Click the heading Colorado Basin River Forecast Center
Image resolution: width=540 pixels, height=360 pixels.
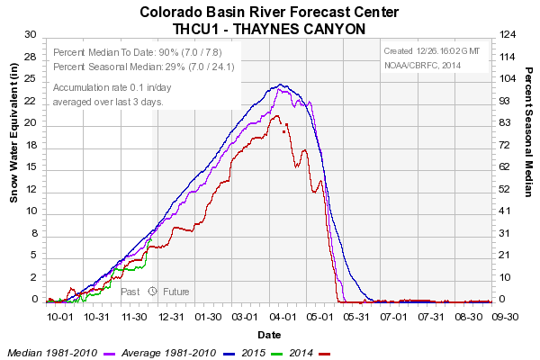(269, 13)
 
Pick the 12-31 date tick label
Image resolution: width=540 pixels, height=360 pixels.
(172, 317)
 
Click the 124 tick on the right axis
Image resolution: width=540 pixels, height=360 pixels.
(508, 34)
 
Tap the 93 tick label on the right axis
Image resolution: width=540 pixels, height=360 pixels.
(505, 100)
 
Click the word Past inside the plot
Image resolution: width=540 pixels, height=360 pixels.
(130, 292)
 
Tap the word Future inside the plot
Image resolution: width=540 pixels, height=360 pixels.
(176, 292)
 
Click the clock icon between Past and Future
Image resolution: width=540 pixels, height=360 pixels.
(153, 292)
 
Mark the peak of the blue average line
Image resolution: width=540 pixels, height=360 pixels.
(281, 85)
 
